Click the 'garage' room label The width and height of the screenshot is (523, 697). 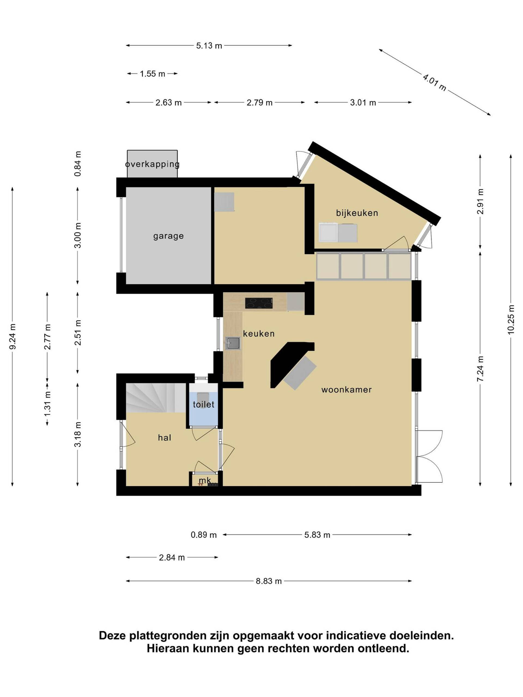coord(168,236)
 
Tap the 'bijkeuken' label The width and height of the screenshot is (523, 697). coord(357,213)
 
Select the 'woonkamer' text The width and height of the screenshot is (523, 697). coord(346,390)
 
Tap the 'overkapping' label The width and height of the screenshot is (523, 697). coord(152,164)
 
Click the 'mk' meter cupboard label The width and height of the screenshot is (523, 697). coord(205,480)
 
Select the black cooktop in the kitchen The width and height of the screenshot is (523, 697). coord(259,303)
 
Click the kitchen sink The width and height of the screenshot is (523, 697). coord(233,343)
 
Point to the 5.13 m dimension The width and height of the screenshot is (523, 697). coord(209,46)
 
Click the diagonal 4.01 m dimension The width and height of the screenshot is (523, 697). coord(434,82)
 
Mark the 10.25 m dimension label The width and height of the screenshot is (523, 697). coord(511,319)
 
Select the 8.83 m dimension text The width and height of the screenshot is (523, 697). coord(269,581)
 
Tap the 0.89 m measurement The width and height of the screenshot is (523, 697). coord(204,535)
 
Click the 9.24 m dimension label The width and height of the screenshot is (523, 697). coord(13,337)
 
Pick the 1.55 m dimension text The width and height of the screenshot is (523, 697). coord(153,74)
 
